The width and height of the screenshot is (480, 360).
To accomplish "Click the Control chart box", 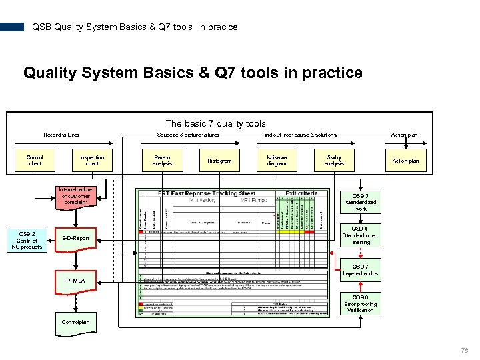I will (x=35, y=161).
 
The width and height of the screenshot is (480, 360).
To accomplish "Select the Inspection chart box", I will (x=92, y=161).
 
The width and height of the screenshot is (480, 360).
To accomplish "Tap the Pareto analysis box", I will (x=162, y=161).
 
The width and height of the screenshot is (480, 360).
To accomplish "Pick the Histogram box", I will (x=219, y=161).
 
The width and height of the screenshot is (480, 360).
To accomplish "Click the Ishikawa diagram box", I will (x=277, y=161).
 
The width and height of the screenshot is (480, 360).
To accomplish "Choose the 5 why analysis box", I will (x=334, y=161).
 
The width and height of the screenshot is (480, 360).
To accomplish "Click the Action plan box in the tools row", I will (x=405, y=161).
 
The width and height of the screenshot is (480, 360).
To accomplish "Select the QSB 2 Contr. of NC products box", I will (x=27, y=240).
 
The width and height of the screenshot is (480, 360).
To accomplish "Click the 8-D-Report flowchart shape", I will (x=75, y=238).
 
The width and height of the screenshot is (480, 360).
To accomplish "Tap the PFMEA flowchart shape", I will (x=75, y=281).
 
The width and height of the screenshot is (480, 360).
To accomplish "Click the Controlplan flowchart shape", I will (x=75, y=321).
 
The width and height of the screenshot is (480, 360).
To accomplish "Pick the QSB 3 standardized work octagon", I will (x=361, y=202).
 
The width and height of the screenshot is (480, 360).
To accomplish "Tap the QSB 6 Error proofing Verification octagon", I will (x=361, y=304).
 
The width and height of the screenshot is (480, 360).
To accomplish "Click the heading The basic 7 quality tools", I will (x=215, y=123).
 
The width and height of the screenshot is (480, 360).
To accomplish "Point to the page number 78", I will (x=465, y=350).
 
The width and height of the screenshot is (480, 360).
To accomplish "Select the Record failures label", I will (x=61, y=135).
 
